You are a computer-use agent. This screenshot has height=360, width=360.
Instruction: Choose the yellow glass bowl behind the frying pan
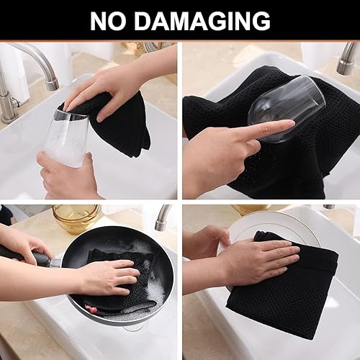pos(76,217)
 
